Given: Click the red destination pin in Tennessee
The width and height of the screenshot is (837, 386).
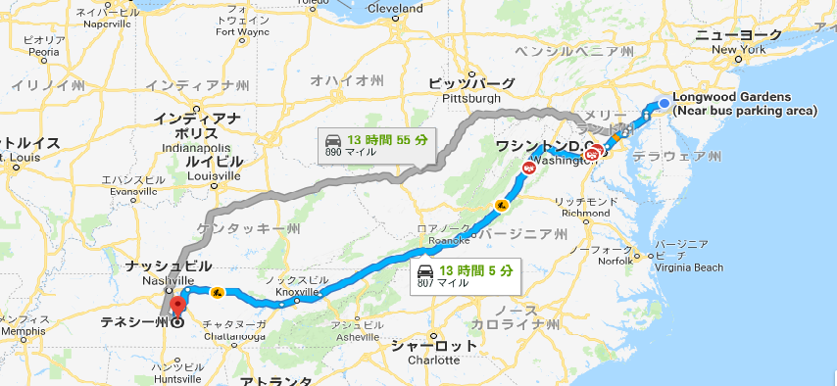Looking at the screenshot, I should (x=177, y=304).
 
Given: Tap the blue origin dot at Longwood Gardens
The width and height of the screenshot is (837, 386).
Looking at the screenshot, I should (x=665, y=102).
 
